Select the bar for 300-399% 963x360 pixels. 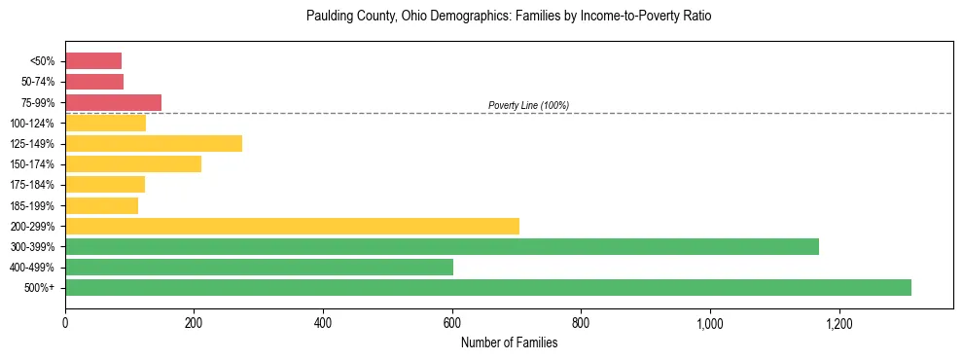click(442, 246)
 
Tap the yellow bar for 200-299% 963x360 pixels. click(292, 226)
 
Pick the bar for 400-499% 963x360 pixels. click(259, 267)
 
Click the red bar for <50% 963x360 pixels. click(93, 61)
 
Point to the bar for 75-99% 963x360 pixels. click(113, 102)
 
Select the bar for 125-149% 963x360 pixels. click(154, 143)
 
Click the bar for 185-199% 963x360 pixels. click(101, 205)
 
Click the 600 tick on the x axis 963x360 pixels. click(452, 322)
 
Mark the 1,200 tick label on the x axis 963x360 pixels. click(838, 322)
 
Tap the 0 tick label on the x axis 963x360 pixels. click(65, 322)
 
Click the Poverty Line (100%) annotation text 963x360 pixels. click(528, 105)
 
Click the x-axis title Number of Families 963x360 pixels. click(509, 342)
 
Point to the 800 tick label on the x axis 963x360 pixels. click(581, 322)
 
